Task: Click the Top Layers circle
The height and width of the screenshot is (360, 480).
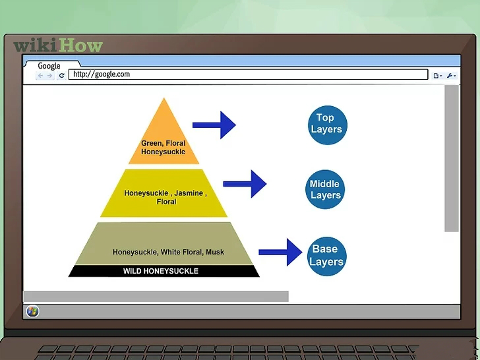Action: (326, 124)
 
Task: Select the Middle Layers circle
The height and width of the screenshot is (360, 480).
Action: (326, 190)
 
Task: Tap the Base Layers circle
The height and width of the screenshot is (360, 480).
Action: (326, 256)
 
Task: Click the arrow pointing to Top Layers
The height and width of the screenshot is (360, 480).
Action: (215, 125)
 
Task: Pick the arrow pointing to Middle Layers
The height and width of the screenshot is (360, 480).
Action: (245, 184)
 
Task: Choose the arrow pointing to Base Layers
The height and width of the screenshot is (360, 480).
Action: (280, 251)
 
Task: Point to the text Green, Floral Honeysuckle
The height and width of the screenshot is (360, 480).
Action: (163, 148)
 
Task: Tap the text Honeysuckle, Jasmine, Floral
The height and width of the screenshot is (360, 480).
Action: (165, 197)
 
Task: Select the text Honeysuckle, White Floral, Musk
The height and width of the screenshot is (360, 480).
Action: (169, 252)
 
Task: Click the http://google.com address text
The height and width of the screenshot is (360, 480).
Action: (102, 75)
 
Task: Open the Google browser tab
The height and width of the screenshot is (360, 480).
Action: (49, 66)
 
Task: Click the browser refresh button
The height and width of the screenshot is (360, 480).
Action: (62, 76)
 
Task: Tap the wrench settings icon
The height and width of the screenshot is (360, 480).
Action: (451, 76)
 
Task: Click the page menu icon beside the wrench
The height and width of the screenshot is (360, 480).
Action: (436, 76)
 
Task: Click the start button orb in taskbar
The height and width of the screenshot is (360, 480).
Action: (32, 311)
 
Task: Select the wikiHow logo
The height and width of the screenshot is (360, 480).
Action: (58, 45)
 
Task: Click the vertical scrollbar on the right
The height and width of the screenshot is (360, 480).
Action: (451, 158)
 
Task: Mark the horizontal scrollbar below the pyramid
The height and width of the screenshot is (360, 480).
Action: (156, 296)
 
